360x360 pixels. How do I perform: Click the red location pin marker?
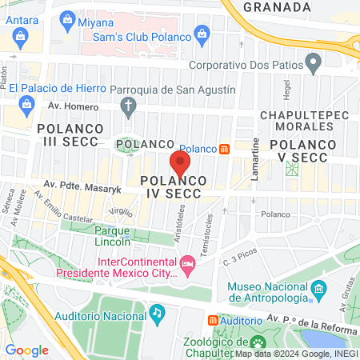tap(180, 164)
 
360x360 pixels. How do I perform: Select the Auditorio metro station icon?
tap(213, 319)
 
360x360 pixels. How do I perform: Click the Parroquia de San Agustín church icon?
tap(128, 106)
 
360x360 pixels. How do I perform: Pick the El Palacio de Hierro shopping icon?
tap(28, 103)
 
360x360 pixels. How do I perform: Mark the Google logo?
tap(26, 350)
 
